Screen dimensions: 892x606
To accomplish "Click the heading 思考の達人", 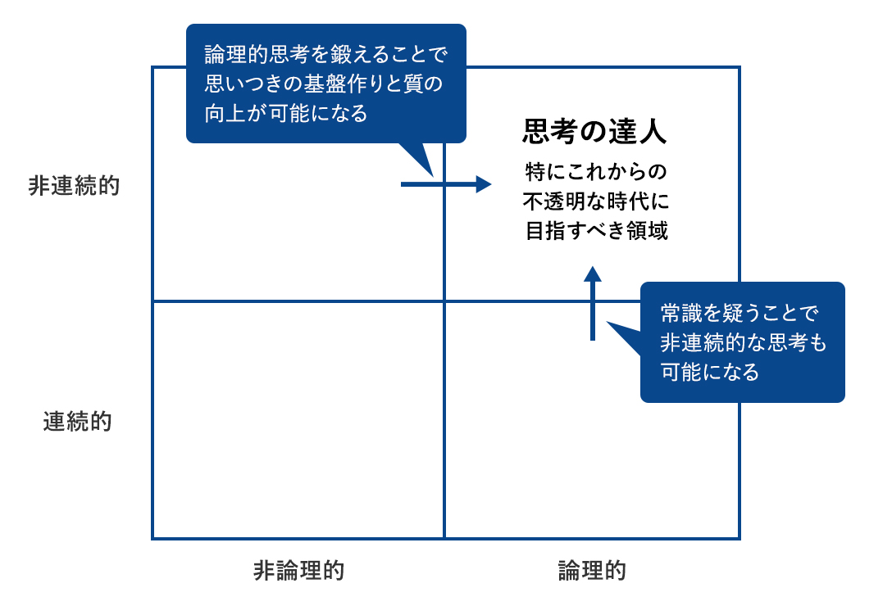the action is [x=594, y=131].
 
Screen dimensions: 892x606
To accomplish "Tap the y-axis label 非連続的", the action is [x=74, y=186].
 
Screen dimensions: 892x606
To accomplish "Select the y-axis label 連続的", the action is [x=77, y=422].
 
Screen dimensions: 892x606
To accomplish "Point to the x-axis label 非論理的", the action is [x=298, y=570].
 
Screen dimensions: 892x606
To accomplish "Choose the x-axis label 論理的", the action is [x=592, y=570].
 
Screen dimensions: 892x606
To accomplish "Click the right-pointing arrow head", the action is [x=484, y=184].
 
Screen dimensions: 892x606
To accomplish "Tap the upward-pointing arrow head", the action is [x=593, y=274].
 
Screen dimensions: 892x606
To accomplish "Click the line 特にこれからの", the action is [x=595, y=171].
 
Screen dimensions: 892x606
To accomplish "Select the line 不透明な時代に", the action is [x=595, y=201].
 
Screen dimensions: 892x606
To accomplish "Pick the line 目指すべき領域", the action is [x=596, y=231].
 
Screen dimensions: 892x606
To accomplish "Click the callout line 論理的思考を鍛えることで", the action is [x=326, y=55].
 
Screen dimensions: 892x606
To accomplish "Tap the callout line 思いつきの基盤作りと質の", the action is [x=323, y=84].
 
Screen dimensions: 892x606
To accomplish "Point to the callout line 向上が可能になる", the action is [x=286, y=113].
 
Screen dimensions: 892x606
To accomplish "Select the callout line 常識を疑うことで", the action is [x=740, y=313].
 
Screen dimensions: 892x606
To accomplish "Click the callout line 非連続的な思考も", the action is [x=743, y=342].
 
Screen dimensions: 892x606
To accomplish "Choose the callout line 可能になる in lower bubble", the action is [x=709, y=372].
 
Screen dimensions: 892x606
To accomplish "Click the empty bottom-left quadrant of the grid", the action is [x=298, y=420].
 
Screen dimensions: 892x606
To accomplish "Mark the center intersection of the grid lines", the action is [x=444, y=301].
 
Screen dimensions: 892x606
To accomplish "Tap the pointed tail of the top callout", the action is [x=432, y=175].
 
